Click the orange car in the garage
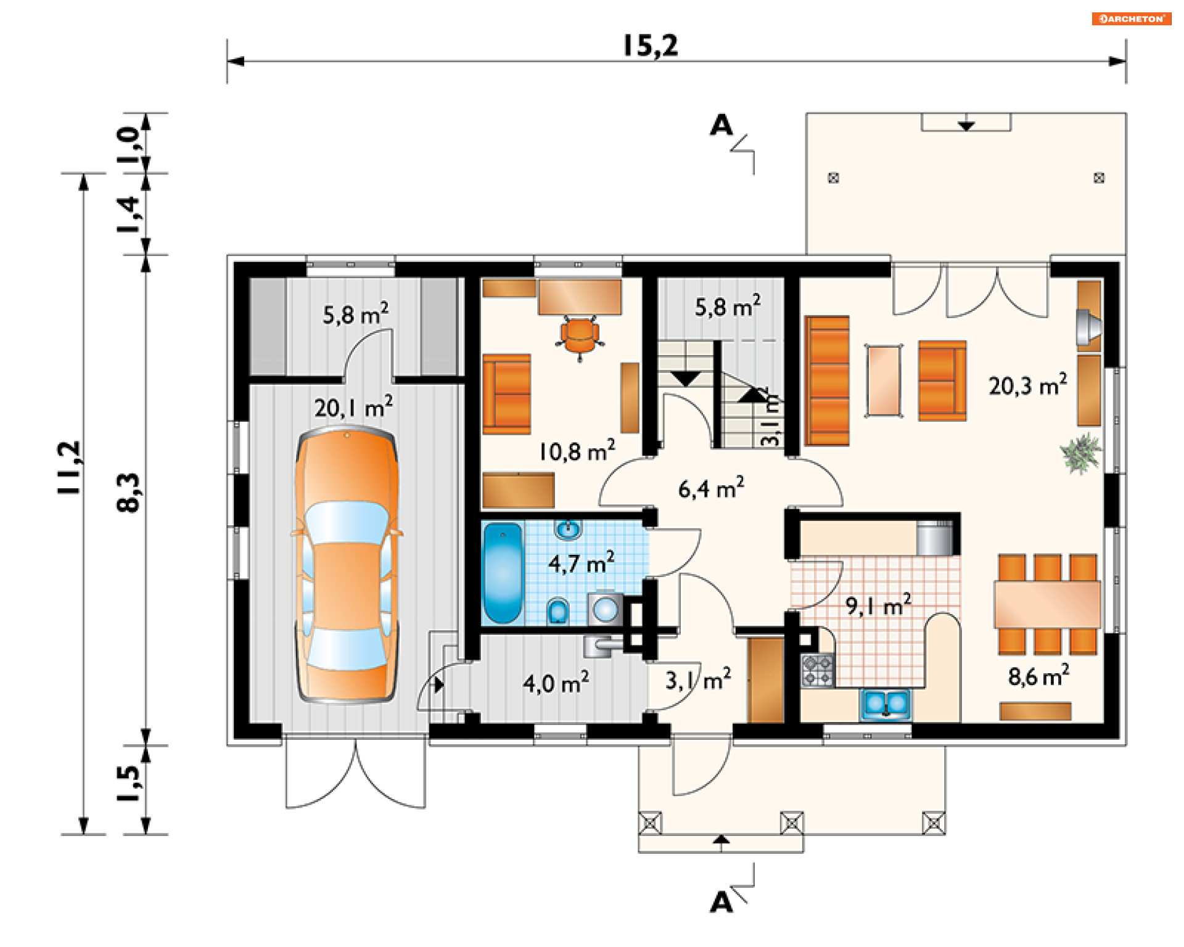point(347,566)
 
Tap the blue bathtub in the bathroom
point(503,573)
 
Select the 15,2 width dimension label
point(650,46)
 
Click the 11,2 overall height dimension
point(69,467)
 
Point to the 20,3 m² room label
point(1027,385)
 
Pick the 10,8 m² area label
point(577,451)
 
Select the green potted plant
point(1080,453)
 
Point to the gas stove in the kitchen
point(817,671)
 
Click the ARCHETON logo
point(1131,18)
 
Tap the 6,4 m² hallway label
point(711,488)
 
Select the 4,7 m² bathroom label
point(581,562)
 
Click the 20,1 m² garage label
point(353,407)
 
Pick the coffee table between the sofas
point(884,381)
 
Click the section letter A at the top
point(721,125)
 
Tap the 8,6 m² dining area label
point(1038,676)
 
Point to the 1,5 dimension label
point(129,783)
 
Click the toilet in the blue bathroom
point(558,610)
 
